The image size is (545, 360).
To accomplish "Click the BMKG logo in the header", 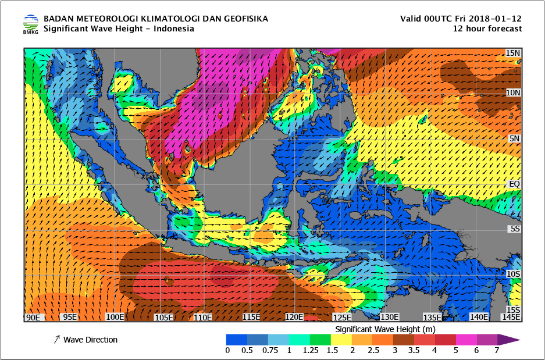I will coord(31,24).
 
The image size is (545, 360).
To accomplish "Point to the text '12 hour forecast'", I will coord(487,28).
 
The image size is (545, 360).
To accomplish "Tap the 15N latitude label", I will coord(512,53).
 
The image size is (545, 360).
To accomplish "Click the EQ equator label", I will coord(514,184).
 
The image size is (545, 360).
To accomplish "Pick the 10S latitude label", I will coord(513,273).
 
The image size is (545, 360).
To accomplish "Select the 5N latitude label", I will coord(514,138).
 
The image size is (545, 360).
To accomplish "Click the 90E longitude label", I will coord(33,317).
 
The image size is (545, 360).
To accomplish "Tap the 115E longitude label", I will coord(251,317).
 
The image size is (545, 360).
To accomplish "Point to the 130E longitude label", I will coord(389,317).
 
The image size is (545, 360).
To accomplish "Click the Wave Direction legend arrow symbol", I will coord(56,340).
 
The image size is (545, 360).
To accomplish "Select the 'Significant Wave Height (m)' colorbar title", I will coord(385,329).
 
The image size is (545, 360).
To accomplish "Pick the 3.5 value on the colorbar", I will coord(414,350).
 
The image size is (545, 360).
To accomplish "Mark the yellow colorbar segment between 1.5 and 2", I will coord(341,339).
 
